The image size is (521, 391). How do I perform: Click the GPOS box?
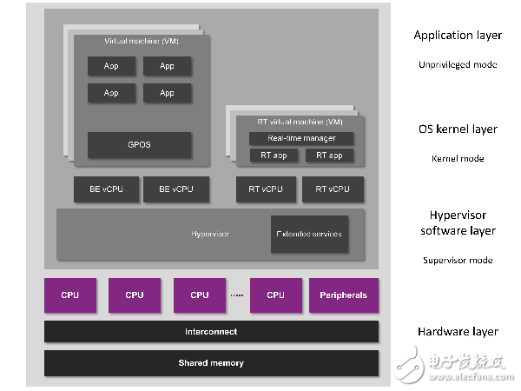[x=139, y=145]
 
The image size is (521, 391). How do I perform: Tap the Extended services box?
[x=309, y=234]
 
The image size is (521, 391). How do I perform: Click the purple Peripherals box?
[x=343, y=295]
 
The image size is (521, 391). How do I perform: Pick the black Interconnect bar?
[x=211, y=332]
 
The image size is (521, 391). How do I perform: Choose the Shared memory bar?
[x=211, y=362]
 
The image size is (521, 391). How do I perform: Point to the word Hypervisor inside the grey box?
[x=209, y=234]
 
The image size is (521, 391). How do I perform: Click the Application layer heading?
[x=458, y=36]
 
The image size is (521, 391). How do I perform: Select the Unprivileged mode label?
[x=458, y=64]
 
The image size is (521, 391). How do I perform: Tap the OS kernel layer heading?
[x=458, y=129]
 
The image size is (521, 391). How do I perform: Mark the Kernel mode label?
[x=458, y=158]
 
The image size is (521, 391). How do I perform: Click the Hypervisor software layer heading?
[x=458, y=223]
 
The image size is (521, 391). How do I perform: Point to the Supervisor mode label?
[x=458, y=260]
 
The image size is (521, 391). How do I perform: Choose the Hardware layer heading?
[x=458, y=332]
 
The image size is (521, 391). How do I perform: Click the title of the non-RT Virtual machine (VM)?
[x=138, y=42]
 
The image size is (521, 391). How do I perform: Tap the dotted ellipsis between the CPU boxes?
[x=235, y=295]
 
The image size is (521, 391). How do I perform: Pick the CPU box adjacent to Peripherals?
[x=276, y=295]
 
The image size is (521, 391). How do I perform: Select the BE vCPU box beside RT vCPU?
[x=170, y=189]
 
